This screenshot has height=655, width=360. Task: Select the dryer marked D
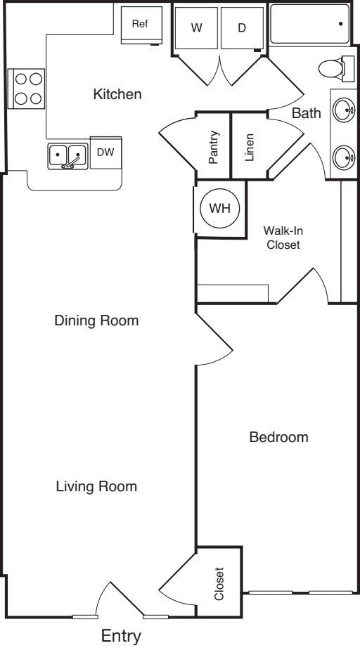pos(242,28)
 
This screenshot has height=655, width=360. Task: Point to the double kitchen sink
pos(67,156)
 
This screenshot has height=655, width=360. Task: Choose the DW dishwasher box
pos(105,152)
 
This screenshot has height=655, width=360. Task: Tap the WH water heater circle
pos(220,209)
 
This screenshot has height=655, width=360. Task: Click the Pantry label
pos(214,147)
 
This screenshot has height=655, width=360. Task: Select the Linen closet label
pos(250,147)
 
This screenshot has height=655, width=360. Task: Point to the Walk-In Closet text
pos(283,238)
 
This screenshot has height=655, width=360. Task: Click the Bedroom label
pos(279,438)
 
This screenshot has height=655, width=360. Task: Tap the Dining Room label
pos(96,321)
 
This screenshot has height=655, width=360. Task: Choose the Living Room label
pos(96,486)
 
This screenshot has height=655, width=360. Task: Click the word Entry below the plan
pos(122,637)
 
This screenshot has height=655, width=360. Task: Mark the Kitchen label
pos(117,94)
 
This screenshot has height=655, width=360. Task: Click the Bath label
pos(306,112)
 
